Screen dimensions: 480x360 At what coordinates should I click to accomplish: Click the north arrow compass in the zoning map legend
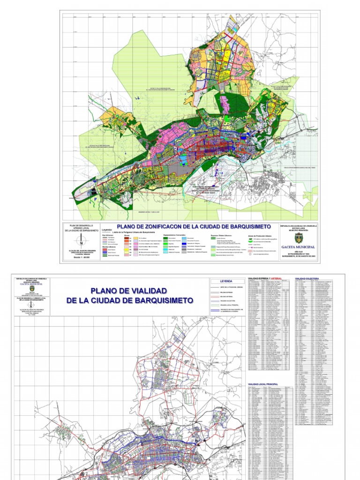(x=82, y=240)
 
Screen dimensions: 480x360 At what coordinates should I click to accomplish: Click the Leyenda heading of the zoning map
(x=107, y=230)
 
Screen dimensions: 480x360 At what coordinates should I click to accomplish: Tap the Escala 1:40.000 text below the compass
(x=82, y=258)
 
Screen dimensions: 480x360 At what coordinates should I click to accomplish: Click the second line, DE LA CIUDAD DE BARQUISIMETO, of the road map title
(x=129, y=300)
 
